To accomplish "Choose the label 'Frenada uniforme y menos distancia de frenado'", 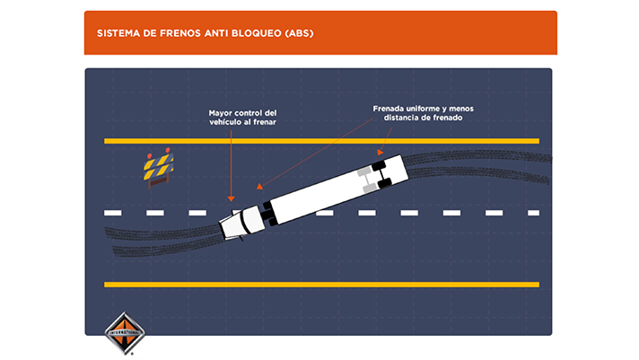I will pos(417,113).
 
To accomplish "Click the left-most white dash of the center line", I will pos(112,213).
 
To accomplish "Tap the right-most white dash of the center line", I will pos(533,213).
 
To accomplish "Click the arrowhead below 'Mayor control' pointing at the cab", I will pos(231,198).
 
